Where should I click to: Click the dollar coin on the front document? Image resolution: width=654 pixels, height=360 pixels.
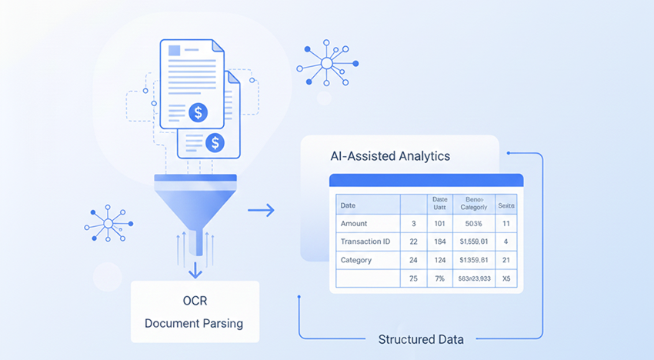point(199,113)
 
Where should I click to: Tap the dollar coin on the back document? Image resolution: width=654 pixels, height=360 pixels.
point(216,142)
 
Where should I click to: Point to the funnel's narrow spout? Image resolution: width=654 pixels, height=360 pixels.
point(197,240)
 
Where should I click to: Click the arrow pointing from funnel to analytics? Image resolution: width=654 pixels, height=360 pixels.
point(262,210)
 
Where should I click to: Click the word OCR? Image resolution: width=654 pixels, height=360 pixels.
point(194,300)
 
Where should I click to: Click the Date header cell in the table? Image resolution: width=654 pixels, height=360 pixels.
point(348,205)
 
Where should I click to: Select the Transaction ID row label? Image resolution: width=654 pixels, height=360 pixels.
point(366,242)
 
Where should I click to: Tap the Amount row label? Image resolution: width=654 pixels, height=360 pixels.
point(354,223)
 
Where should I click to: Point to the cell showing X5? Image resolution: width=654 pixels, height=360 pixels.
point(506,278)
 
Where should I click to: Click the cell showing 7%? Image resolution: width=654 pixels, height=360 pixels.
point(441,278)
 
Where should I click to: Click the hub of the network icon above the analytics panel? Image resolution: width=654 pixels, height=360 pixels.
point(326,62)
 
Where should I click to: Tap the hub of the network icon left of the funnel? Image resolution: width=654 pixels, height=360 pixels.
point(108,223)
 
